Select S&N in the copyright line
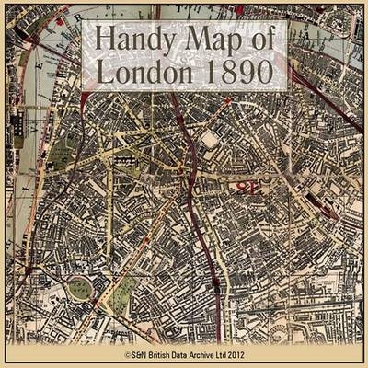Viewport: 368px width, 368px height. pos(143,353)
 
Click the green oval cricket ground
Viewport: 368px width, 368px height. pos(81,287)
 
